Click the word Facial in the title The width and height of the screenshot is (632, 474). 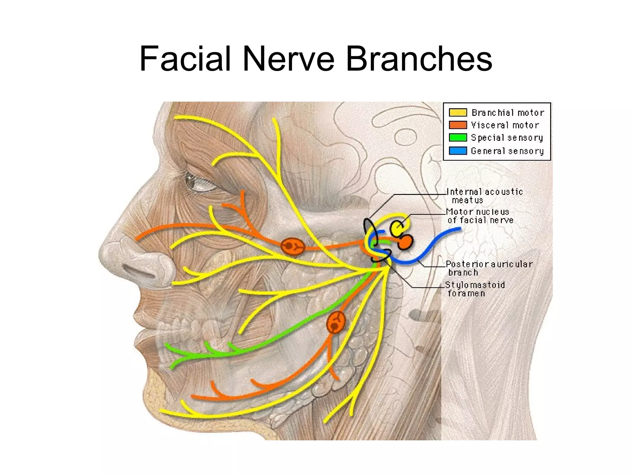(185, 59)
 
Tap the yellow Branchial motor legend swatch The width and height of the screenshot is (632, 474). (458, 112)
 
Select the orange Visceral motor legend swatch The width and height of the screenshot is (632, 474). (458, 125)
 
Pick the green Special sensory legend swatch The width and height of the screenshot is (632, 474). (458, 138)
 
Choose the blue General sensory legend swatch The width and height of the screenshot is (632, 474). (458, 151)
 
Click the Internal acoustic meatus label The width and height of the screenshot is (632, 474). (484, 196)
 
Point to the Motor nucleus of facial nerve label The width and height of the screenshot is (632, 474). (480, 216)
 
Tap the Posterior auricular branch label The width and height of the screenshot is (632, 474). (489, 268)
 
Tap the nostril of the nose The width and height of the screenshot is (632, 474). (140, 272)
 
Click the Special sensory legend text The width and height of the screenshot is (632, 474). (507, 138)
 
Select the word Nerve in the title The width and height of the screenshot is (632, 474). (288, 59)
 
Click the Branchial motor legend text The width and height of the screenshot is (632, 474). (508, 112)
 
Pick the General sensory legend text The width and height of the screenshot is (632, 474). (507, 151)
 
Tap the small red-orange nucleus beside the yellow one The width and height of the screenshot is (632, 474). (405, 242)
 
